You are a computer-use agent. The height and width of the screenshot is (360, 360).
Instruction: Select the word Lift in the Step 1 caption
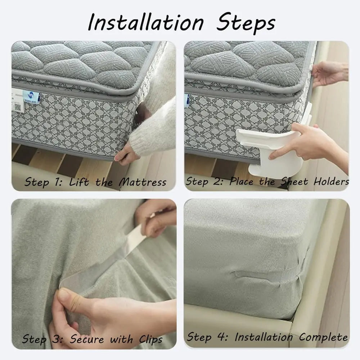(x=79, y=182)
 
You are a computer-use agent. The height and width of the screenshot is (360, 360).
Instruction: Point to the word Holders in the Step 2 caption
(x=330, y=181)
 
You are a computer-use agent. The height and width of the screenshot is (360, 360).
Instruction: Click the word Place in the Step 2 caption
(x=246, y=181)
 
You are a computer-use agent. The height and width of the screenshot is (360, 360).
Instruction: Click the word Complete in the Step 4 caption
(x=323, y=337)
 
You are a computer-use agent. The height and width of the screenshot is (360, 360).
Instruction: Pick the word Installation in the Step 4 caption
(x=263, y=337)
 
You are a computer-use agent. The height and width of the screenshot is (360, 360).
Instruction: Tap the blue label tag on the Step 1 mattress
(x=31, y=97)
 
